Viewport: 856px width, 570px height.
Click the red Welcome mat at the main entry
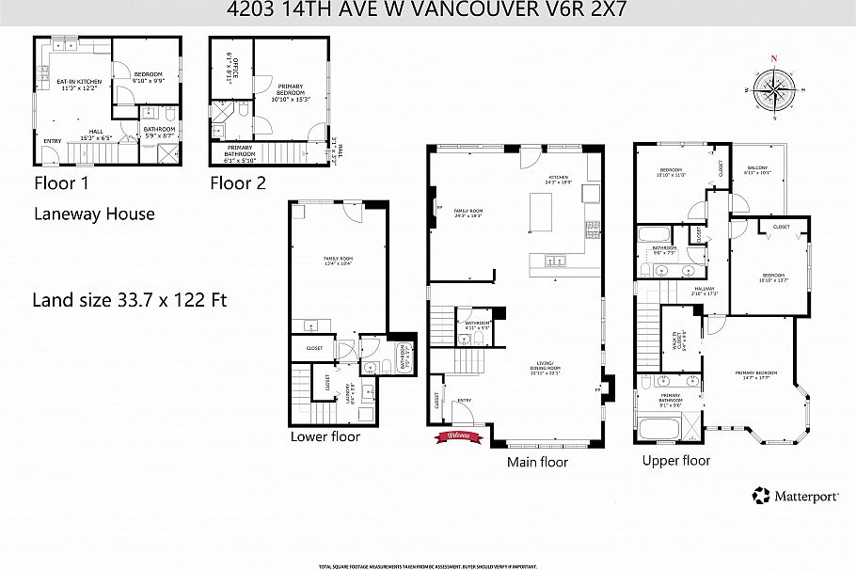458,435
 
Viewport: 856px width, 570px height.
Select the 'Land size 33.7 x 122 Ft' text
129,301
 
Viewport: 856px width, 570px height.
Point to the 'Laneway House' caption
94,214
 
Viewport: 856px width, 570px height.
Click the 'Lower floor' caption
325,436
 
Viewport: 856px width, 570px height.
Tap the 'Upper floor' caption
675,460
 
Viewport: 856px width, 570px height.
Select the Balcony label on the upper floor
756,170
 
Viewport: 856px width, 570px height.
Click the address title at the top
428,10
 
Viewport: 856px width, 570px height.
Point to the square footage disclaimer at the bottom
427,565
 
